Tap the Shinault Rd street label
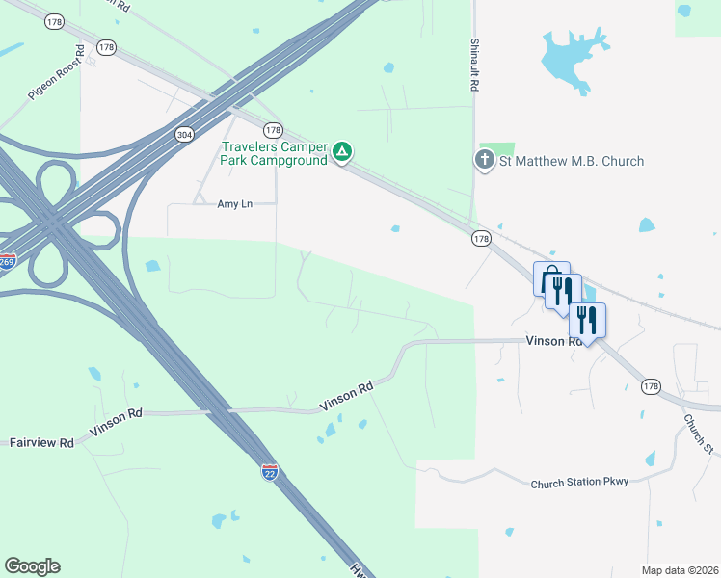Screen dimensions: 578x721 (x=475, y=66)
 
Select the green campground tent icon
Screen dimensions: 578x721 (x=341, y=151)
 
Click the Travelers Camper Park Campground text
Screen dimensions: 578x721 (x=274, y=154)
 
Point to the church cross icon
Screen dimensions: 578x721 (x=485, y=161)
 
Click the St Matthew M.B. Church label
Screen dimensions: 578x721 (x=571, y=161)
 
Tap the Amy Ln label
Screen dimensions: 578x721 (x=234, y=204)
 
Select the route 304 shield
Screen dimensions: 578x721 (x=184, y=135)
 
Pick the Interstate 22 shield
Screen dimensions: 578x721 (x=271, y=471)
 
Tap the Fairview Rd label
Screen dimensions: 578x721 (x=41, y=443)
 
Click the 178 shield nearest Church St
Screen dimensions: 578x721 (x=651, y=386)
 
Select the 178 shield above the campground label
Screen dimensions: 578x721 (x=273, y=130)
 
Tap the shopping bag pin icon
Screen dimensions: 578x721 (x=550, y=277)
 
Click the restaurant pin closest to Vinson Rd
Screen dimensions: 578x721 (x=587, y=319)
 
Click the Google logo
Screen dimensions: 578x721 (x=32, y=566)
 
